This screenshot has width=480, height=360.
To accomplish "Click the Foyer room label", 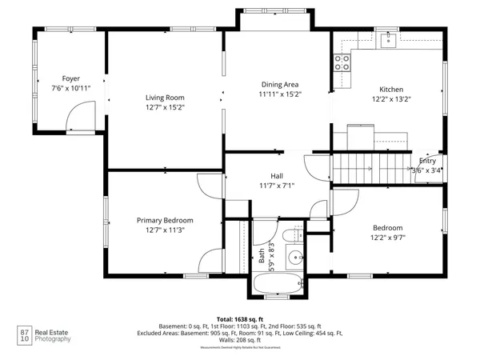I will tap(70, 78).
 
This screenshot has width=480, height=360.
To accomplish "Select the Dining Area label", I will tap(279, 84).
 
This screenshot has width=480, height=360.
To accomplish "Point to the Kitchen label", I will tap(391, 89).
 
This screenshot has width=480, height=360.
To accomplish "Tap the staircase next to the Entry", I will tap(353, 169).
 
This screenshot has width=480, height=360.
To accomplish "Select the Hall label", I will tap(278, 177).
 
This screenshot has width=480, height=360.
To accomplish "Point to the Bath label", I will tap(261, 257).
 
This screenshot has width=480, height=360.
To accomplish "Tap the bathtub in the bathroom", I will tap(276, 283).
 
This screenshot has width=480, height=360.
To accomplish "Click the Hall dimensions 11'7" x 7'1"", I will tap(278, 186).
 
